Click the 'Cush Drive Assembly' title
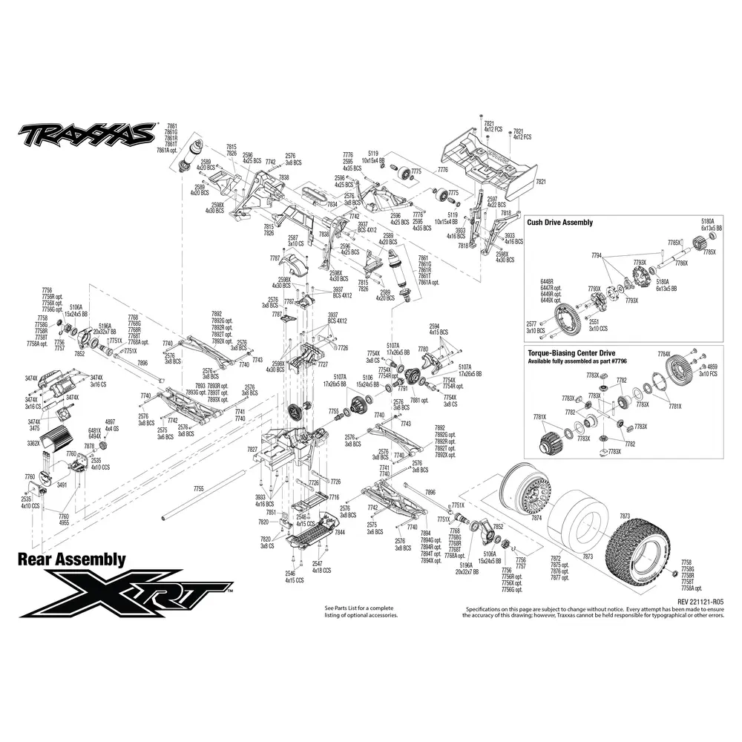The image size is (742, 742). pyautogui.click(x=559, y=222)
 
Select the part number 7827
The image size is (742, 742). pyautogui.click(x=252, y=450)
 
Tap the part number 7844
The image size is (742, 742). pyautogui.click(x=340, y=533)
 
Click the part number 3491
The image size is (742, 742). pyautogui.click(x=62, y=485)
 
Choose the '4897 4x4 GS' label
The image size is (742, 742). pyautogui.click(x=111, y=424)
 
